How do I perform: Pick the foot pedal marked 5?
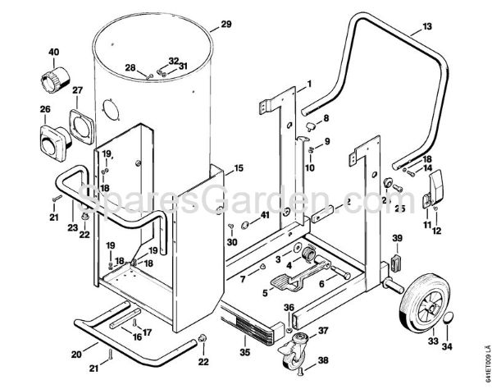(282, 281)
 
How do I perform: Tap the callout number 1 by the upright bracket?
(309, 85)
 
